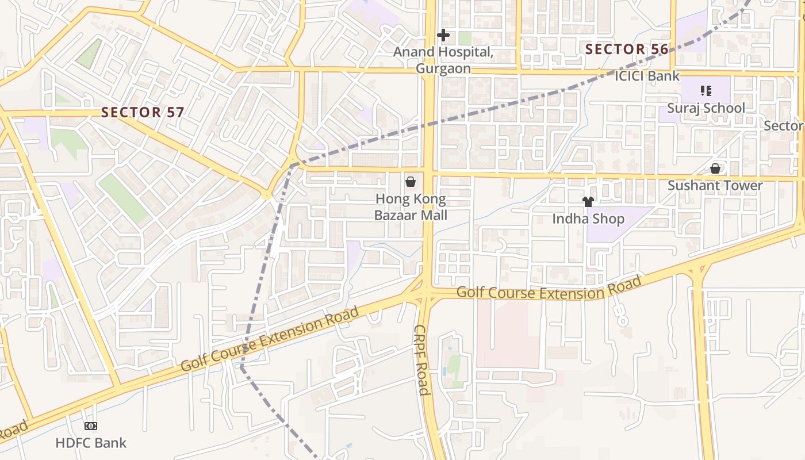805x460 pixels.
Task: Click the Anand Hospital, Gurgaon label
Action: pos(443,60)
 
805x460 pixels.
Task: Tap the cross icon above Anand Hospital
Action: pos(443,35)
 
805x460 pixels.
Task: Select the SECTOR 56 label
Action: pos(627,49)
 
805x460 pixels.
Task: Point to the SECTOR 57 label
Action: pos(142,112)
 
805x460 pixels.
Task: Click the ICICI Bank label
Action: pos(647,76)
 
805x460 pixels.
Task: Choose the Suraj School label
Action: pos(706,108)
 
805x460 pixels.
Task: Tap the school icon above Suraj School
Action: pos(706,90)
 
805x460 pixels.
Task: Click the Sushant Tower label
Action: pos(715,186)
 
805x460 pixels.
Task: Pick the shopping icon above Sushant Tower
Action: pos(715,168)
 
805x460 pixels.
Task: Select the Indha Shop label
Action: pos(588,219)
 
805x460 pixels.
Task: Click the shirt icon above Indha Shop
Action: pos(588,202)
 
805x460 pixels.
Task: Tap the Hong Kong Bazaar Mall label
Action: pos(411,208)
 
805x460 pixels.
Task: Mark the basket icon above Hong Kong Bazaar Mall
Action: pos(411,182)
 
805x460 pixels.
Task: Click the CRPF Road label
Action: pos(421,360)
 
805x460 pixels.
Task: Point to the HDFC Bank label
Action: pos(91,443)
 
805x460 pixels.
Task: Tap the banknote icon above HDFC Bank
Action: pos(91,426)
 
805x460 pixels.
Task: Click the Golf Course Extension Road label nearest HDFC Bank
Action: pos(269,339)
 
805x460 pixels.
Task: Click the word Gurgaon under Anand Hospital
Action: pos(443,68)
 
